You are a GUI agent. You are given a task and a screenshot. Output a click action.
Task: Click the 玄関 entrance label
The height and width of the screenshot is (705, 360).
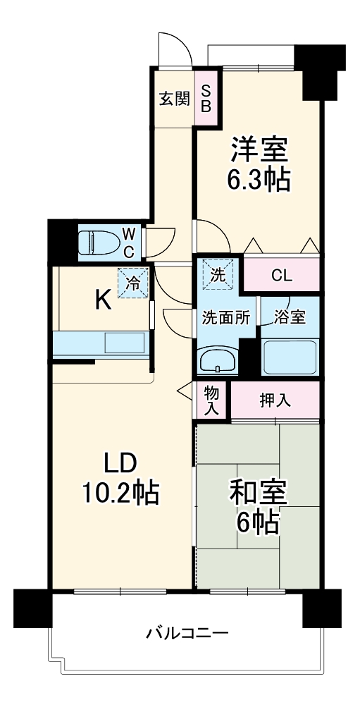coord(173,99)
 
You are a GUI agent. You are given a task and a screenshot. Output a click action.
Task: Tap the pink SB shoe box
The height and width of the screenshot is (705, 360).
coord(206,99)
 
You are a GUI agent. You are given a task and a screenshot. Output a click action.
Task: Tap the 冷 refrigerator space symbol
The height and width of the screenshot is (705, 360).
coord(133,283)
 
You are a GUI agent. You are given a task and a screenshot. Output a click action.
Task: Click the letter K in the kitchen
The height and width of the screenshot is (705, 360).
coord(103,302)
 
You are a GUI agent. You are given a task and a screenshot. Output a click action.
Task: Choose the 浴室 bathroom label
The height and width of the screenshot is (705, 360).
coord(290,317)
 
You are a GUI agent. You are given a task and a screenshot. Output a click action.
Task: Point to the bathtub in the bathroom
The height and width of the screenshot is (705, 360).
coord(290,357)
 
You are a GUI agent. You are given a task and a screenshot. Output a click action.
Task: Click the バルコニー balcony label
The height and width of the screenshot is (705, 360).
coord(187,632)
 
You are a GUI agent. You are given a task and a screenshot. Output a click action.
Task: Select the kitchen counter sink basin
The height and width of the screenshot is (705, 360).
coord(125,343)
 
